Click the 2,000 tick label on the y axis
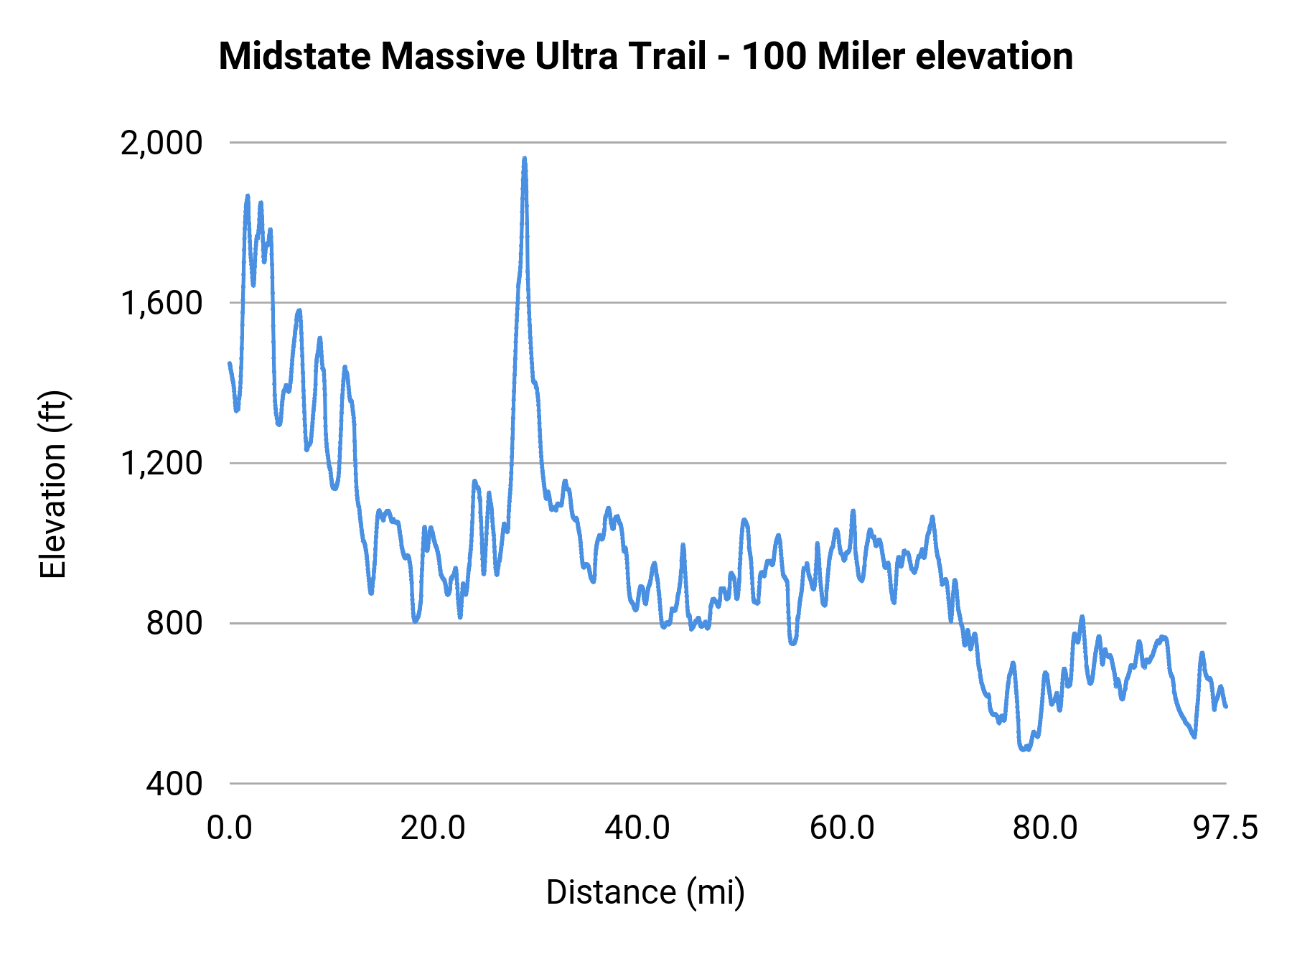161,144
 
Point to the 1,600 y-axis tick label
161,304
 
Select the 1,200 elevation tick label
161,464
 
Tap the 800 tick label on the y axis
174,623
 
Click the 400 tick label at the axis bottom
174,784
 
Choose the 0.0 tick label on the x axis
230,828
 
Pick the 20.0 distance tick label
433,828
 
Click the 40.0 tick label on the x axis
637,828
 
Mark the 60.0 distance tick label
842,828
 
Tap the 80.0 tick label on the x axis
1045,828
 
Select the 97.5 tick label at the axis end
1226,828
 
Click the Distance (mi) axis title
645,892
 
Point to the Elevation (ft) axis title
53,484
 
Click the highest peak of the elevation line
525,159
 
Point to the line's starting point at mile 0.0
230,363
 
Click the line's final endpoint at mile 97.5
1226,707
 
